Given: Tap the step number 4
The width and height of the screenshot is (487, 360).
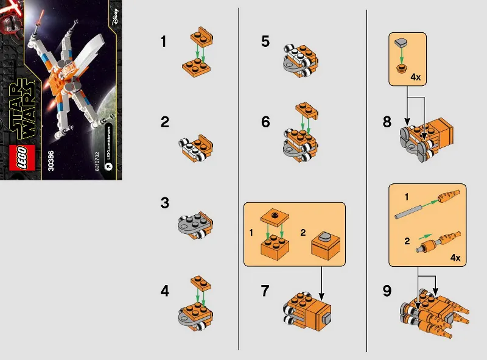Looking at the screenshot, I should [164, 291].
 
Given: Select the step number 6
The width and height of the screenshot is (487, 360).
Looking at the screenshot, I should [265, 122].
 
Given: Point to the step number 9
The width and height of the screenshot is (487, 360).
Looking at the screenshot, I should [387, 291].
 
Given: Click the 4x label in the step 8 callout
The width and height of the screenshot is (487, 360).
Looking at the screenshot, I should [416, 78].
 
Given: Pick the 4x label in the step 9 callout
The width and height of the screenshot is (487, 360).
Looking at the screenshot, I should [455, 258].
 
